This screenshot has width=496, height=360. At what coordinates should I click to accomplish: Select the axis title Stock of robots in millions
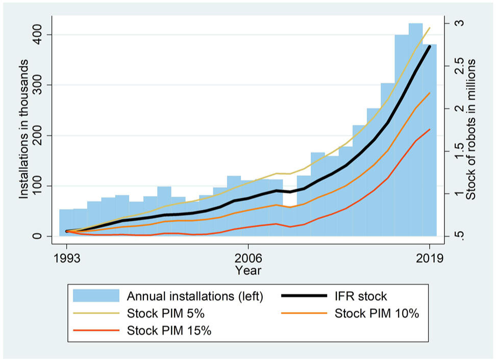[x=472, y=128]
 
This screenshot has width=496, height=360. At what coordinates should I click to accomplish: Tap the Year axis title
[x=248, y=270]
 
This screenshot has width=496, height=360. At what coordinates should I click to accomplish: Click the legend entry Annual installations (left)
[x=194, y=296]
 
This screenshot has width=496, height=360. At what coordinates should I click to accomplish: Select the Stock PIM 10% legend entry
[x=377, y=314]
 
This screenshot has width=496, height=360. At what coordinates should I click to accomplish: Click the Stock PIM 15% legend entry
[x=169, y=330]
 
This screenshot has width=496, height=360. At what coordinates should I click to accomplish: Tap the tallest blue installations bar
[x=415, y=127]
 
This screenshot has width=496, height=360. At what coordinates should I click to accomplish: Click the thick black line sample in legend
[x=304, y=296]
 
